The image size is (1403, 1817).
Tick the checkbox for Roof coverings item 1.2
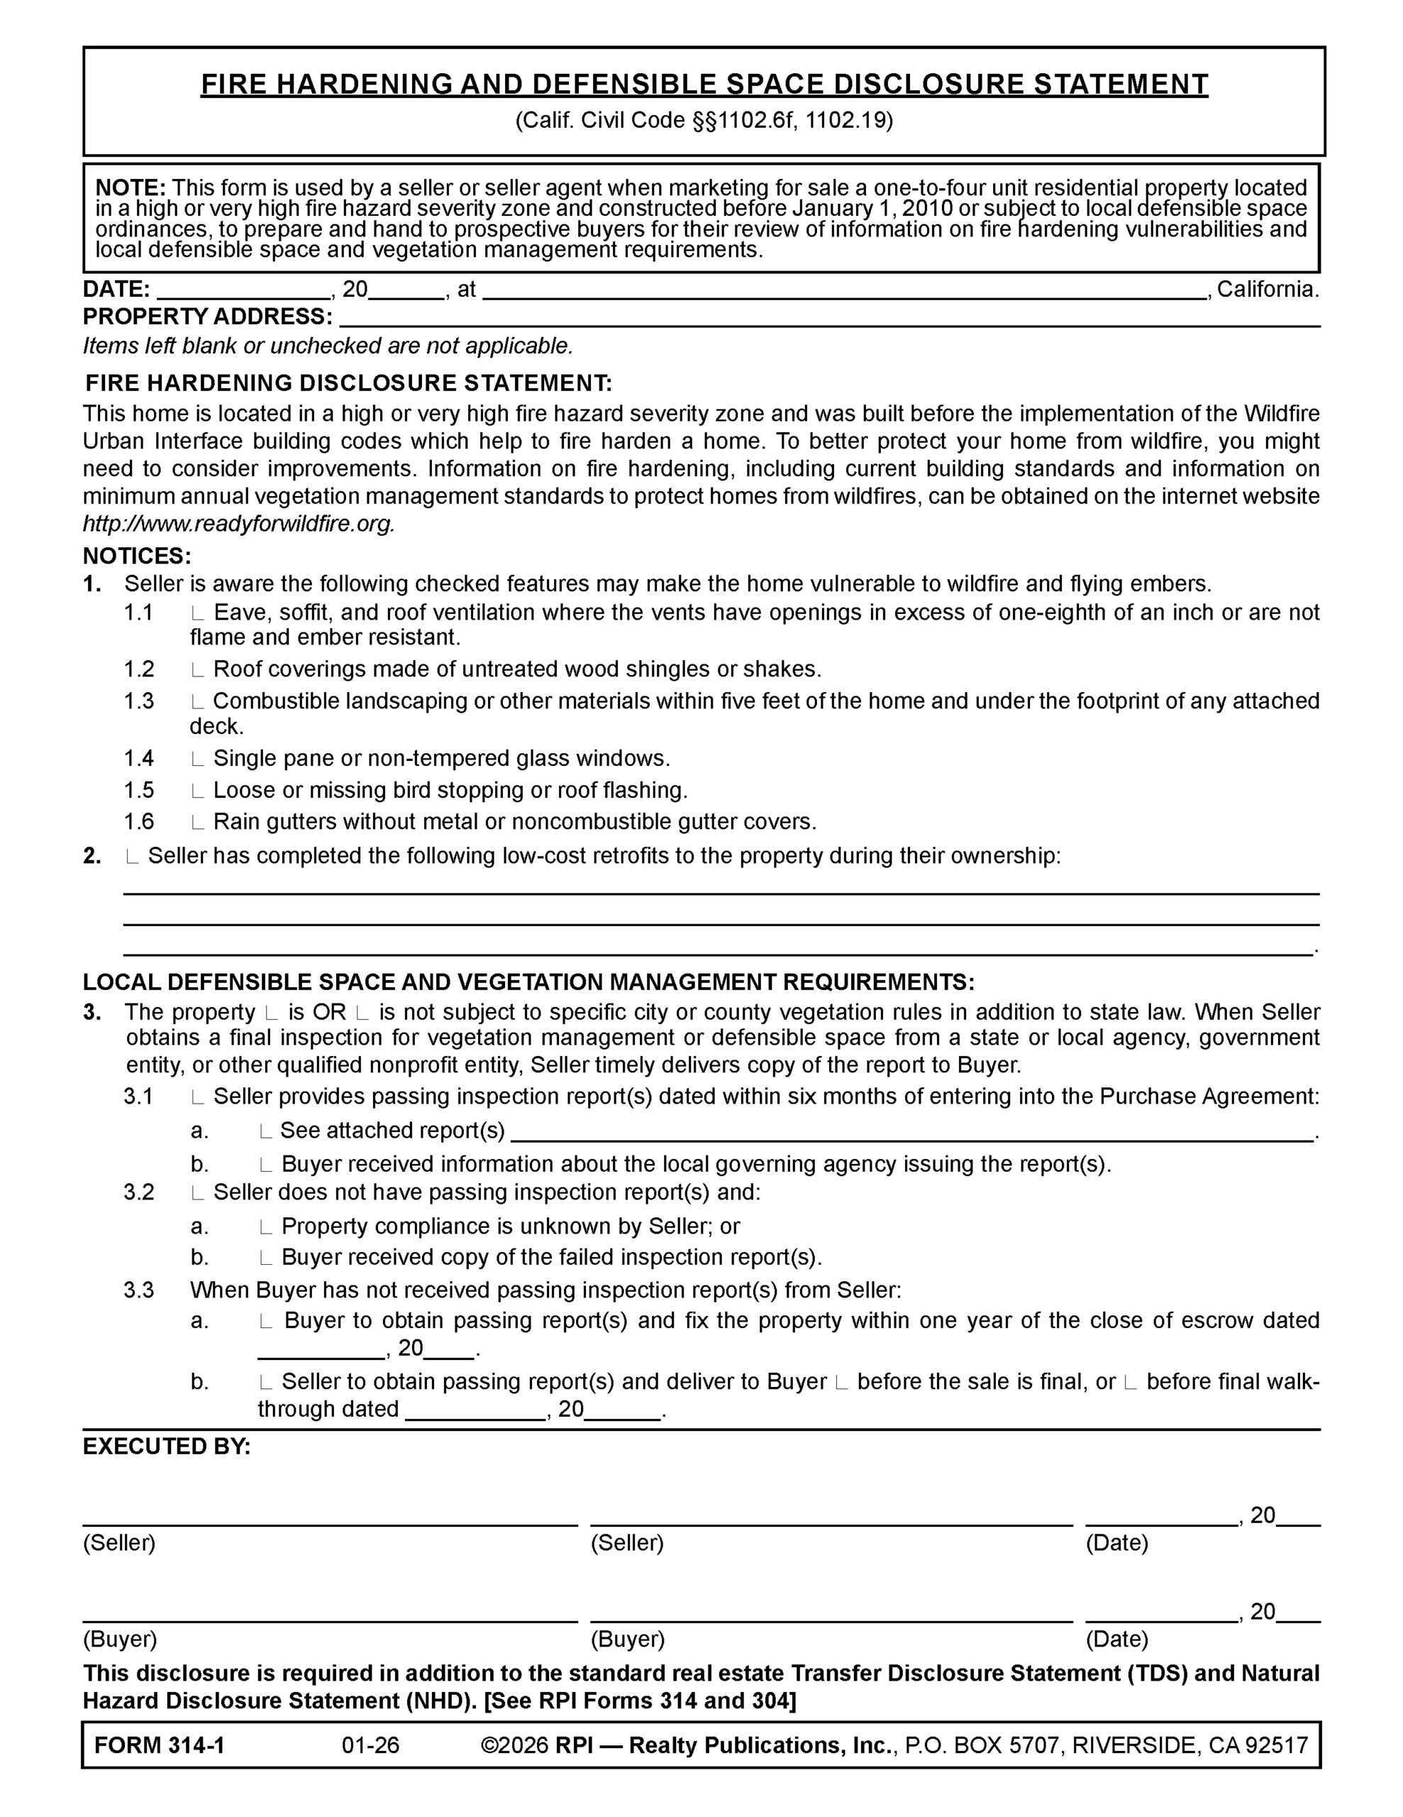pyautogui.click(x=197, y=671)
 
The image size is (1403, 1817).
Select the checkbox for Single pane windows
pyautogui.click(x=197, y=759)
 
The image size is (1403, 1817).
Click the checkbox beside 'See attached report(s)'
pyautogui.click(x=265, y=1131)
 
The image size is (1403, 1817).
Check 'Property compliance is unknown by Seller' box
pyautogui.click(x=265, y=1227)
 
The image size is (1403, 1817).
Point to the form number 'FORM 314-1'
pyautogui.click(x=160, y=1745)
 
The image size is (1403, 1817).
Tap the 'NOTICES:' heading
pyautogui.click(x=137, y=556)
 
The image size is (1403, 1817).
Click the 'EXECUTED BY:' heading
pyautogui.click(x=166, y=1447)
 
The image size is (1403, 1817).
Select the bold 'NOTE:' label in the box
pyautogui.click(x=131, y=188)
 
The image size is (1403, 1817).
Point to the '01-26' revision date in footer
pyautogui.click(x=371, y=1745)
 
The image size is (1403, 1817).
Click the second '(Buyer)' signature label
pyautogui.click(x=627, y=1640)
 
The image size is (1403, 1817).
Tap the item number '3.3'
pyautogui.click(x=139, y=1290)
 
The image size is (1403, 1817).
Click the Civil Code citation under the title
pyautogui.click(x=704, y=121)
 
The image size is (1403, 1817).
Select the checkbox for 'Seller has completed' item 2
pyautogui.click(x=131, y=857)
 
